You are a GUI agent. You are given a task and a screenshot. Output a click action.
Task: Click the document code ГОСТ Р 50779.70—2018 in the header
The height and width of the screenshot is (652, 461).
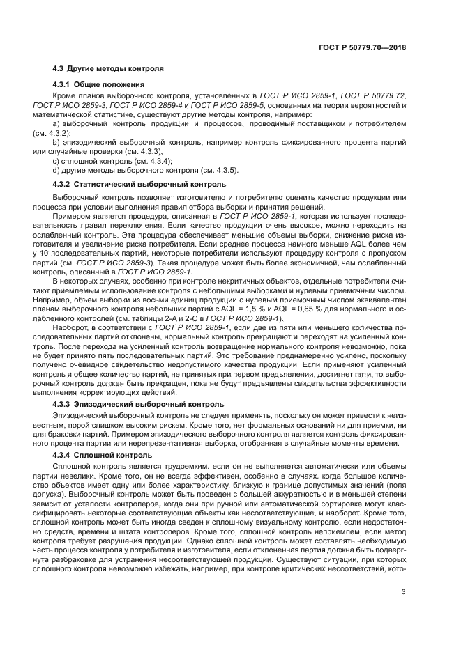(362, 49)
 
